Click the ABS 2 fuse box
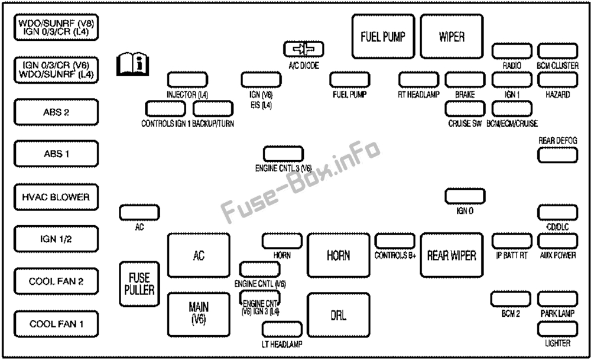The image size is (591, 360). [56, 112]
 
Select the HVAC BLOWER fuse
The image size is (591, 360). [56, 197]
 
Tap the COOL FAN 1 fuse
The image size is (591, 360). [56, 324]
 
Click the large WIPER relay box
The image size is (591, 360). [452, 37]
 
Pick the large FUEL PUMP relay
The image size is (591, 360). [383, 37]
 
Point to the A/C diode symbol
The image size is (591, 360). [304, 49]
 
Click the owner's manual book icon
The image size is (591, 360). [132, 64]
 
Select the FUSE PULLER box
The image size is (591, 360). [139, 284]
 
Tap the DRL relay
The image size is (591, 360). [339, 315]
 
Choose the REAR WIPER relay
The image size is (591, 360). [452, 255]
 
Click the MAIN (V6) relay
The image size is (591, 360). [199, 314]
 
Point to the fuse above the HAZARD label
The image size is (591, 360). [557, 80]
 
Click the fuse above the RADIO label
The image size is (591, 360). [512, 51]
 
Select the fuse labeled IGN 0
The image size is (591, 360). [465, 196]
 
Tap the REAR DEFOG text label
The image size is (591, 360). [557, 141]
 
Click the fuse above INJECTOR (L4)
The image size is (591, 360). [187, 80]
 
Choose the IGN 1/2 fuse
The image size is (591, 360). [56, 239]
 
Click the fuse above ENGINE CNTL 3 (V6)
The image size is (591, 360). [284, 154]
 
